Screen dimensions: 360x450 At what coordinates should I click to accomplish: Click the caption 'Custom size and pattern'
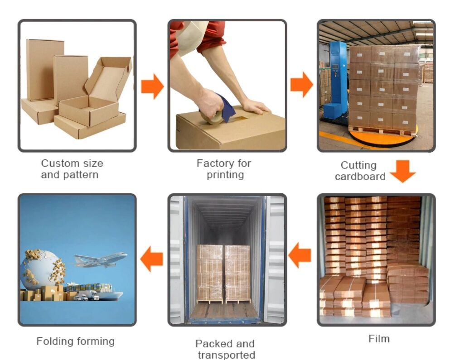coord(72,168)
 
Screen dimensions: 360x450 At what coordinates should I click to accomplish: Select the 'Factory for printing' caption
coord(224,168)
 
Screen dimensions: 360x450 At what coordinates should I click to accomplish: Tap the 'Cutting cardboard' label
coord(360,171)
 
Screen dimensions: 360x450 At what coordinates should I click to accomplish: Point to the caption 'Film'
coord(378,338)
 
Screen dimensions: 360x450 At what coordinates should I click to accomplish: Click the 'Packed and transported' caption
coord(226,349)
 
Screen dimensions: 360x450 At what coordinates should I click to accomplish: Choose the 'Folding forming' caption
coord(75,341)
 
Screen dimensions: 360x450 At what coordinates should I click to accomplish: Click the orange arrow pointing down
coord(402,171)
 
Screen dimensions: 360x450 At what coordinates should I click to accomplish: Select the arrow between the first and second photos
coord(152,86)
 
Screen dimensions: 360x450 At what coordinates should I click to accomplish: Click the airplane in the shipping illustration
coord(101,260)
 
